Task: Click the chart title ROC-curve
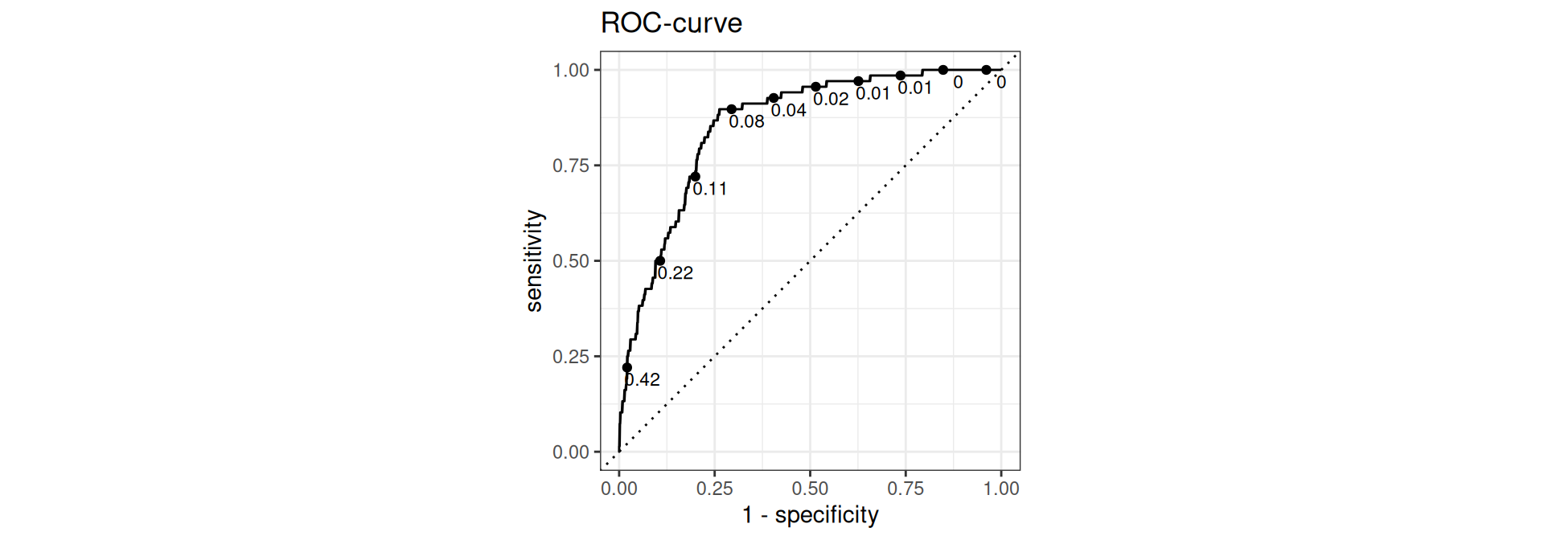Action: point(671,23)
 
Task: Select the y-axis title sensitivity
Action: point(534,260)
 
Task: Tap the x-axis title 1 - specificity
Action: point(810,514)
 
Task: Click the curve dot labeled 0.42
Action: point(627,368)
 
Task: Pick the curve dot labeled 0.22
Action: point(660,260)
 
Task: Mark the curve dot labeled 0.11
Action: point(696,177)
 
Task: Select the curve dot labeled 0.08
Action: point(732,109)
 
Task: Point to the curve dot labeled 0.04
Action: point(774,98)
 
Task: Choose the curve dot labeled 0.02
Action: point(815,87)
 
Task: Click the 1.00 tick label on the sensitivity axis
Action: point(571,71)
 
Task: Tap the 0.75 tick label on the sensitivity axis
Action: point(571,166)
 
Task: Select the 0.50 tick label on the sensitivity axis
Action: point(571,261)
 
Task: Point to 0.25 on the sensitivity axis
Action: point(571,357)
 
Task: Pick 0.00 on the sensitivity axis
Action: point(571,452)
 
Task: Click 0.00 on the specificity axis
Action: point(619,489)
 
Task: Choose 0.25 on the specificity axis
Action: point(715,489)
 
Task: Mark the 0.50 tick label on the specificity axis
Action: point(810,489)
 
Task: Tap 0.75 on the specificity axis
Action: point(905,489)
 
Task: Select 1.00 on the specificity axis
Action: point(1001,489)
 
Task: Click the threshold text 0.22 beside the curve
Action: point(675,273)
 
